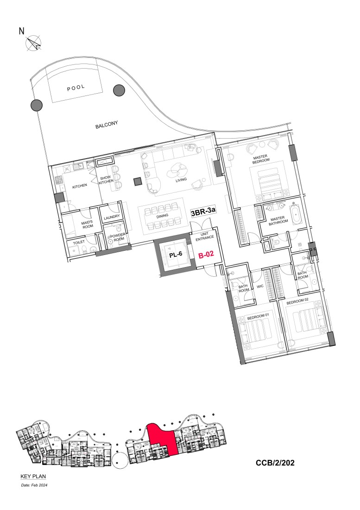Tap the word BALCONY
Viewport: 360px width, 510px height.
[107, 125]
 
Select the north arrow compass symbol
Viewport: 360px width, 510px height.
[33, 44]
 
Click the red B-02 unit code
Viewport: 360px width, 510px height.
[206, 255]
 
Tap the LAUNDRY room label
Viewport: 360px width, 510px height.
[112, 217]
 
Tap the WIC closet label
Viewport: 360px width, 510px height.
[260, 287]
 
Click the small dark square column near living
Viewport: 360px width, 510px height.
[137, 181]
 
